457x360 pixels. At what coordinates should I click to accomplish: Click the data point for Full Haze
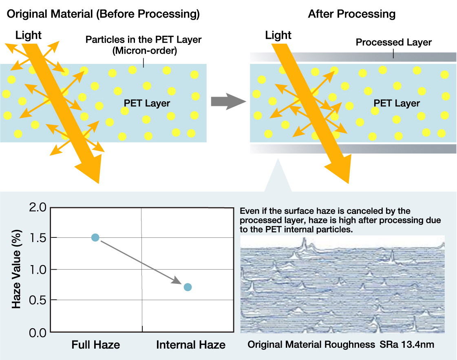[x=95, y=238]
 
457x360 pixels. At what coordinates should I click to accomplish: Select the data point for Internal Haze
[x=188, y=287]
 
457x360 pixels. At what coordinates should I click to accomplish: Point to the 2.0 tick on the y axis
[x=38, y=207]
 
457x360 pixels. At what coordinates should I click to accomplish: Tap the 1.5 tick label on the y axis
[x=38, y=238]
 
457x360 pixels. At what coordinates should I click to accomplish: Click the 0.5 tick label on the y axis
[x=38, y=300]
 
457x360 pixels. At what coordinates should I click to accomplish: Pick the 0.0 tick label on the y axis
[x=38, y=333]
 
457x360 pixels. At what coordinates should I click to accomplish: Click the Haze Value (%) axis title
[x=17, y=269]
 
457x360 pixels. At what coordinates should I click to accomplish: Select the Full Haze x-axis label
[x=95, y=345]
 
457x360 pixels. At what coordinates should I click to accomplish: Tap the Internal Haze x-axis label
[x=191, y=345]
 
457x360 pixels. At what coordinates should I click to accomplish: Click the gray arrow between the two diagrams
[x=228, y=102]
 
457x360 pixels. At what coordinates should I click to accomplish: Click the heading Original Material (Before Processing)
[x=103, y=14]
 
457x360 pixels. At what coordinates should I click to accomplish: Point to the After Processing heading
[x=352, y=14]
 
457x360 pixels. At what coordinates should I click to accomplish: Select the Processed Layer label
[x=394, y=42]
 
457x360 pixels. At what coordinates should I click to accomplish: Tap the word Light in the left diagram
[x=28, y=35]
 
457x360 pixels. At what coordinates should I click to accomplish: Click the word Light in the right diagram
[x=278, y=35]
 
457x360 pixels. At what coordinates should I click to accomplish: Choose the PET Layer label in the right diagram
[x=397, y=103]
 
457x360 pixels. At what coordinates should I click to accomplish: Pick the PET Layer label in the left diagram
[x=147, y=103]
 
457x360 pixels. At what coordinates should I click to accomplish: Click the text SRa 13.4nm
[x=407, y=345]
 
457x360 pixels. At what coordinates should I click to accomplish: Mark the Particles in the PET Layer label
[x=144, y=45]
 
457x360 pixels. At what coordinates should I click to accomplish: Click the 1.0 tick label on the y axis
[x=38, y=270]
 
